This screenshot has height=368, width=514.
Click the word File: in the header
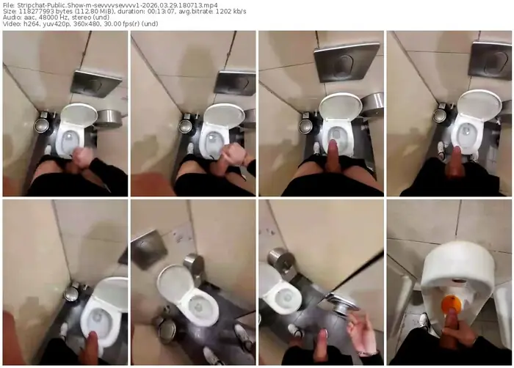8,5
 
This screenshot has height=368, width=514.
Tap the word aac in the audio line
27,18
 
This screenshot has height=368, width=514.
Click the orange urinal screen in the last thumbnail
451,303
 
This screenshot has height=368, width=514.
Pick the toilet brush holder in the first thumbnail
42,125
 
